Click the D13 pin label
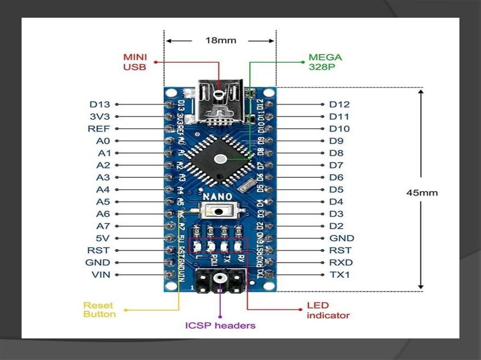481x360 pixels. click(x=100, y=104)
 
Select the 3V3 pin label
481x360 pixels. click(x=100, y=116)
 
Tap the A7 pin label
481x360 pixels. click(x=103, y=226)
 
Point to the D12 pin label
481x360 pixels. click(x=339, y=104)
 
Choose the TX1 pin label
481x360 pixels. click(x=340, y=275)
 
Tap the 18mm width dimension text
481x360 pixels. click(x=220, y=40)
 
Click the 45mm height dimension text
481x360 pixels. click(x=422, y=193)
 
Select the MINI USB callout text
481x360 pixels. click(x=135, y=62)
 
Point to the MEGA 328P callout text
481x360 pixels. click(x=325, y=62)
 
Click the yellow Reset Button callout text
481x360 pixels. click(x=99, y=310)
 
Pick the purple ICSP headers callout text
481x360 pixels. click(x=220, y=325)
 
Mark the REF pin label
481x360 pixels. click(x=99, y=129)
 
